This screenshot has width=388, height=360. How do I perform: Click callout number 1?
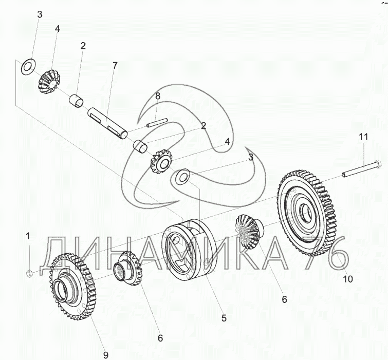click(x=28, y=236)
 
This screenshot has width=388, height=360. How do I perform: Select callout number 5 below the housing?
click(x=224, y=318)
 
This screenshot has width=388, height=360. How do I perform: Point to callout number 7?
click(x=115, y=65)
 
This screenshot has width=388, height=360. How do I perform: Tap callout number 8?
click(x=158, y=96)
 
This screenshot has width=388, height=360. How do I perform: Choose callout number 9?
click(x=105, y=354)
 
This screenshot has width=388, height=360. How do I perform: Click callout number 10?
click(x=348, y=279)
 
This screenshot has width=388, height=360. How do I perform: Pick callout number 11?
click(x=363, y=137)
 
